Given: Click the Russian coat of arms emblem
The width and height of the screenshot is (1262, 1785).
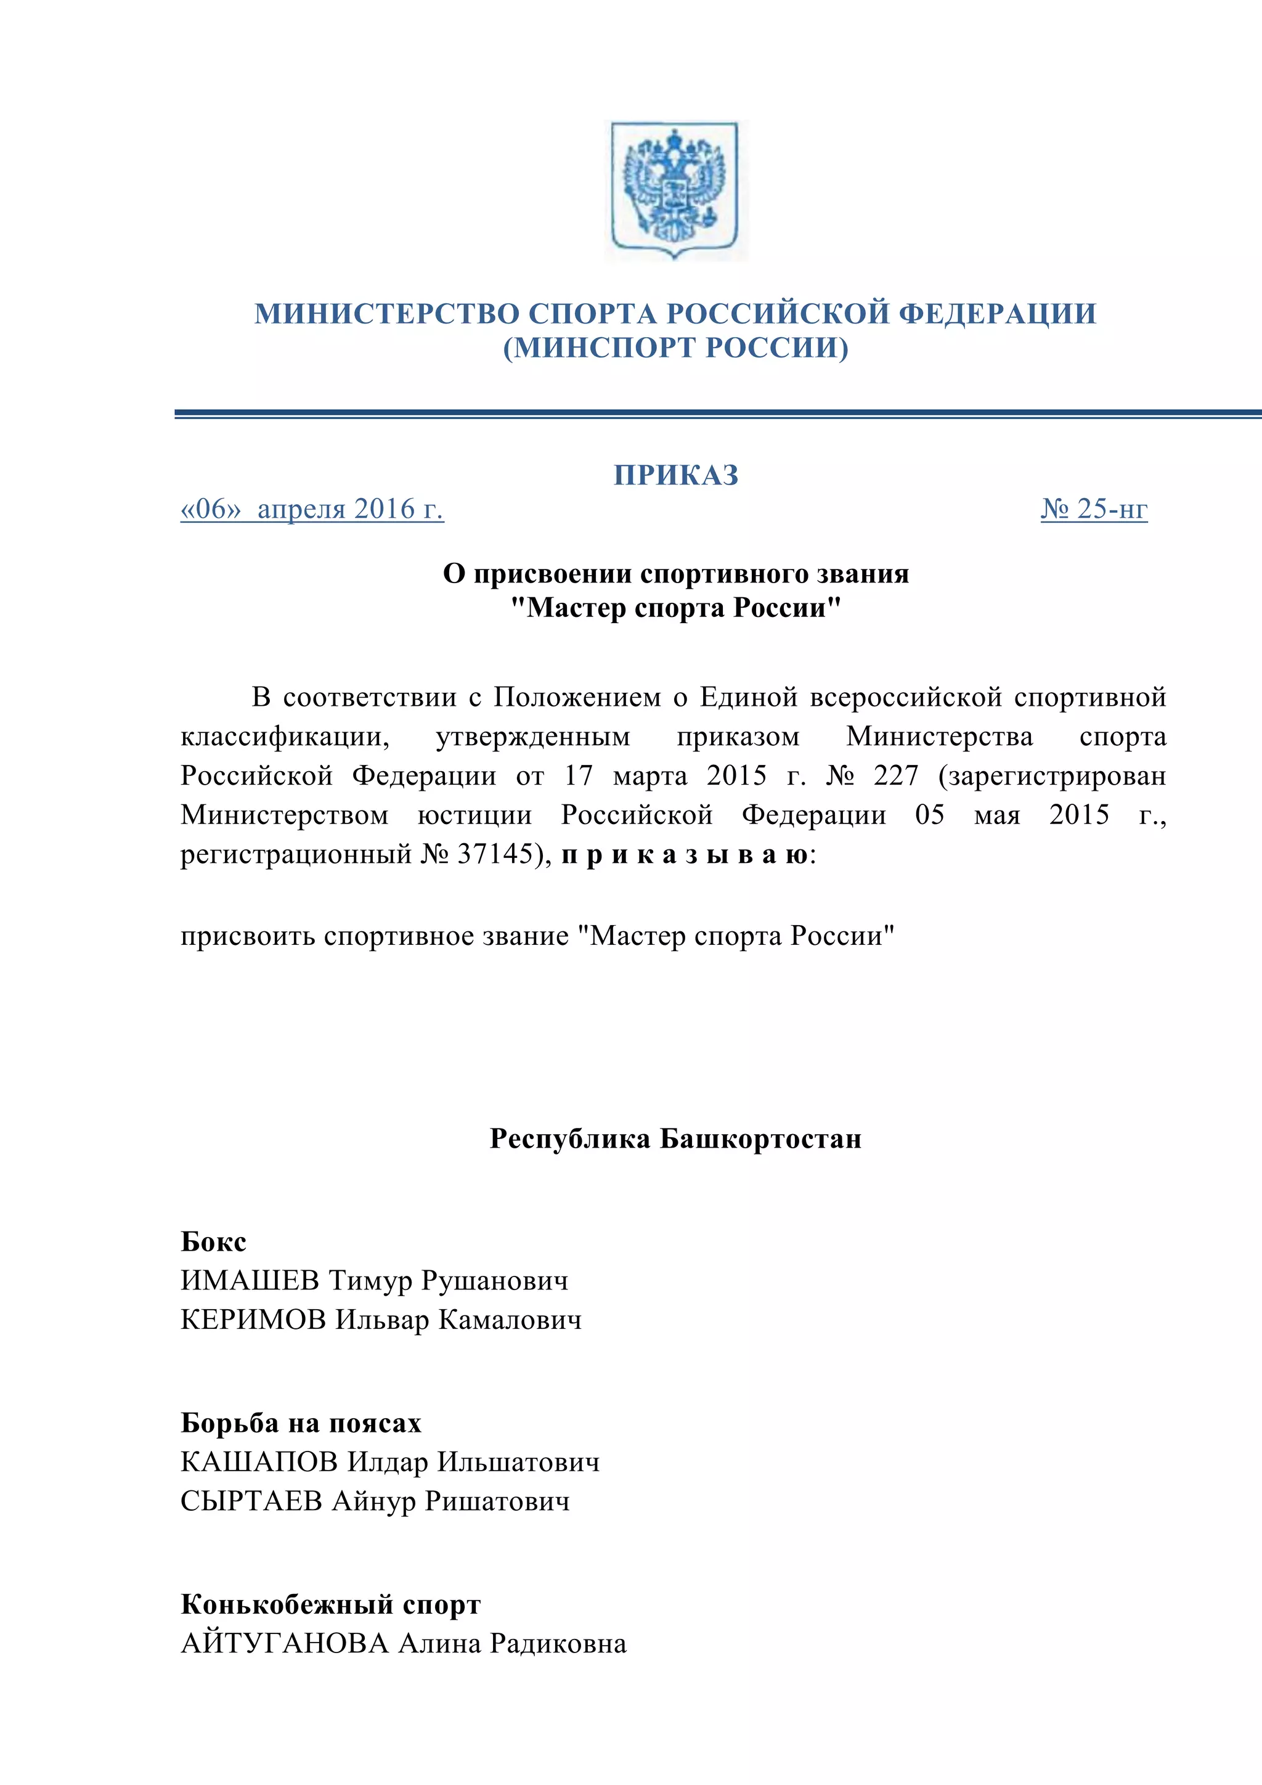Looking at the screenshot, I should pos(675,190).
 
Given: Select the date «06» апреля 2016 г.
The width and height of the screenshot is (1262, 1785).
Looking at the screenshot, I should pos(312,509).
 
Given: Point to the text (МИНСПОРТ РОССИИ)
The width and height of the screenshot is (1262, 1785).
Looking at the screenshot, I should pos(675,348).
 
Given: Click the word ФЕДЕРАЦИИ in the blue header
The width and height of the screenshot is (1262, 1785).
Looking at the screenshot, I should pos(998,313).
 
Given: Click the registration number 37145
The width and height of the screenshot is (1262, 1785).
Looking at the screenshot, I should pos(495,854).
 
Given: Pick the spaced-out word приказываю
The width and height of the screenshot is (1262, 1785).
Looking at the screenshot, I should pos(684,855).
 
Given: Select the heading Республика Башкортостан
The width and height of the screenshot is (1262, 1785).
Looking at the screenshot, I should pos(675,1139).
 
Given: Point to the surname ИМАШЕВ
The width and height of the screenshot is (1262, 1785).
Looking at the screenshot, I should pos(250,1280).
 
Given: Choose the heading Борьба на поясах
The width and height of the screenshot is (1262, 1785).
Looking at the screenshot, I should pos(301,1423).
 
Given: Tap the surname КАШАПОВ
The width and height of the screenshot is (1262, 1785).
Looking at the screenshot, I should pos(259,1463).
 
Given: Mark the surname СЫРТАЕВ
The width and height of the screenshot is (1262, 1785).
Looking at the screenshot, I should pos(251,1501).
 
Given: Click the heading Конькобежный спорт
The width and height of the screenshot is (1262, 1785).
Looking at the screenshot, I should pos(330,1604).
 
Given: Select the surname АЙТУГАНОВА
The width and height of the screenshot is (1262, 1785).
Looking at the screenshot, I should pos(285,1643).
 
